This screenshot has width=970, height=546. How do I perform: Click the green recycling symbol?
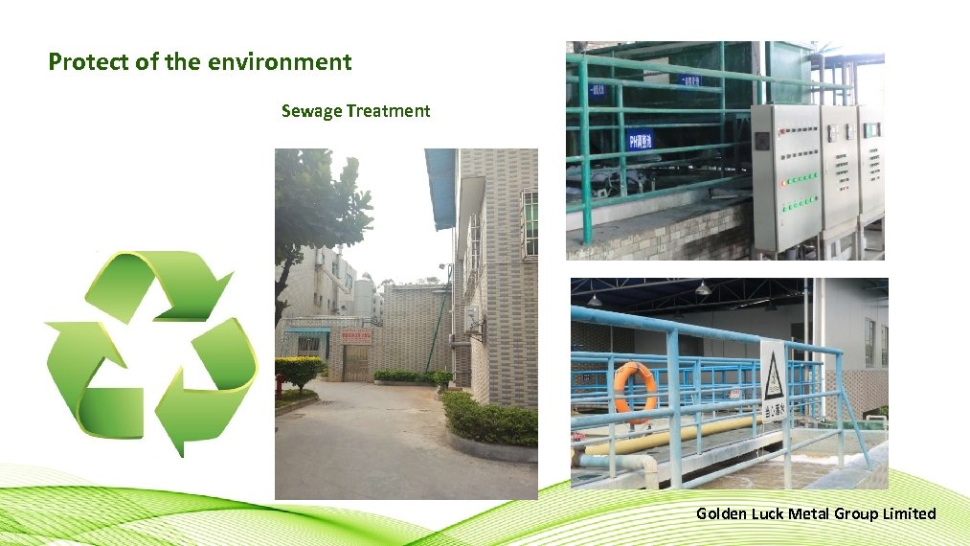(x=150, y=350)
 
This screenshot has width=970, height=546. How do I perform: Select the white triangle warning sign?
(x=773, y=376)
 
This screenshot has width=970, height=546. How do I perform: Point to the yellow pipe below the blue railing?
(x=670, y=436)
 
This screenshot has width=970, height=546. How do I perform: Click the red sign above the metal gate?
(x=355, y=336)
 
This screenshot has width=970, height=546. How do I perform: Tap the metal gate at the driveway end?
(x=356, y=363)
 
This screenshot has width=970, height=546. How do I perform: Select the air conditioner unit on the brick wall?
(x=473, y=319)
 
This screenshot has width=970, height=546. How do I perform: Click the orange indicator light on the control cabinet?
(x=784, y=180)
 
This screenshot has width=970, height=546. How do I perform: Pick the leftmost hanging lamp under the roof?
(x=595, y=300)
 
